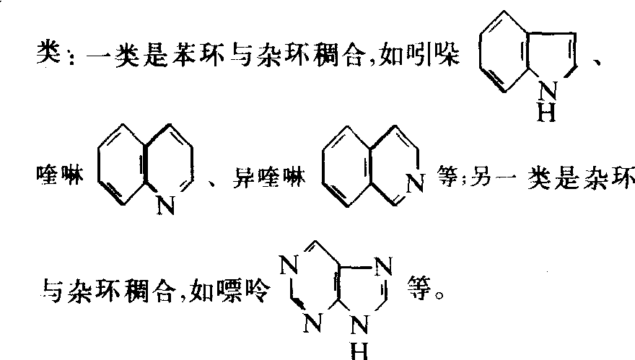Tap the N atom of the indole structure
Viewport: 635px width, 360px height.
[x=548, y=91]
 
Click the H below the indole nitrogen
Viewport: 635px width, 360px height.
[x=547, y=112]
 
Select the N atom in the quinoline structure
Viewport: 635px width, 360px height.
[x=166, y=206]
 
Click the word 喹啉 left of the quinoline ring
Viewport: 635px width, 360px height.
[x=59, y=175]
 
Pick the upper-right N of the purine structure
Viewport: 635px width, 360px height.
[x=383, y=266]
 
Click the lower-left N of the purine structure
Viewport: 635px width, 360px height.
[x=313, y=322]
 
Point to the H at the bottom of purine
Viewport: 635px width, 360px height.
[x=359, y=351]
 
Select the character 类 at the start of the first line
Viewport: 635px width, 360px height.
[x=48, y=53]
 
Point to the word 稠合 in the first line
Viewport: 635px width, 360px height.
[x=338, y=54]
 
